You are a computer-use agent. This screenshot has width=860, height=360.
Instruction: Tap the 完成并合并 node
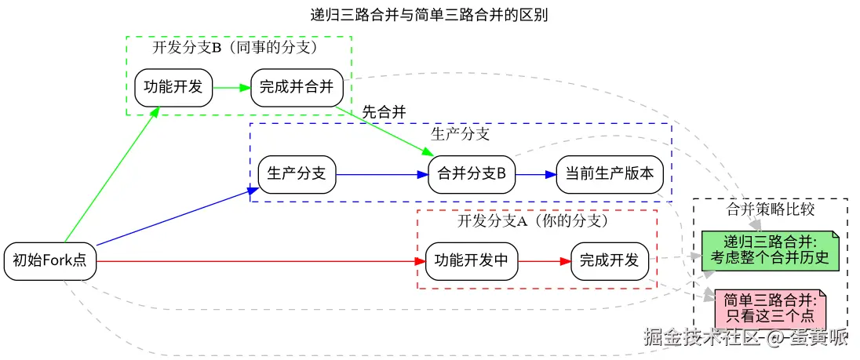point(297,87)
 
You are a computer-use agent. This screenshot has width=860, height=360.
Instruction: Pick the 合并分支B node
point(471,174)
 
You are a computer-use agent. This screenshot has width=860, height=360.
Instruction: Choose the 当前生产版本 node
point(610,174)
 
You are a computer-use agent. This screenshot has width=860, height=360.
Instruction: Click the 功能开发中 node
point(472,261)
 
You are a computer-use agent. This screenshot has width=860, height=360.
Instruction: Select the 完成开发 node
point(610,261)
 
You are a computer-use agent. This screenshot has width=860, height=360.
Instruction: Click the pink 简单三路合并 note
point(771,307)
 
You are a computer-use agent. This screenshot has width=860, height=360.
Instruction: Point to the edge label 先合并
point(384,112)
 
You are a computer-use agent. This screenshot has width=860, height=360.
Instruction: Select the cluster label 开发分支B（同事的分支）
point(234,47)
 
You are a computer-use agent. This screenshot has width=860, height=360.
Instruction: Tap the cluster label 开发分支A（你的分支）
point(534,221)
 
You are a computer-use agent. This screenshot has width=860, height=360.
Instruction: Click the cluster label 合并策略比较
point(771,209)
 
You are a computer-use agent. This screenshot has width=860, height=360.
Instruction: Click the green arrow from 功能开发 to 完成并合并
point(231,87)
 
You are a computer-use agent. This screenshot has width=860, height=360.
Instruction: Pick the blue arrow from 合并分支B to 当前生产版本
point(535,174)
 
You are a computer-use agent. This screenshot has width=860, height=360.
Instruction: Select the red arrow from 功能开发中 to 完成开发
point(544,261)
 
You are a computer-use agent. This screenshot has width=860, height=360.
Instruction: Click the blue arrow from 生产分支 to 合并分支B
point(381,174)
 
